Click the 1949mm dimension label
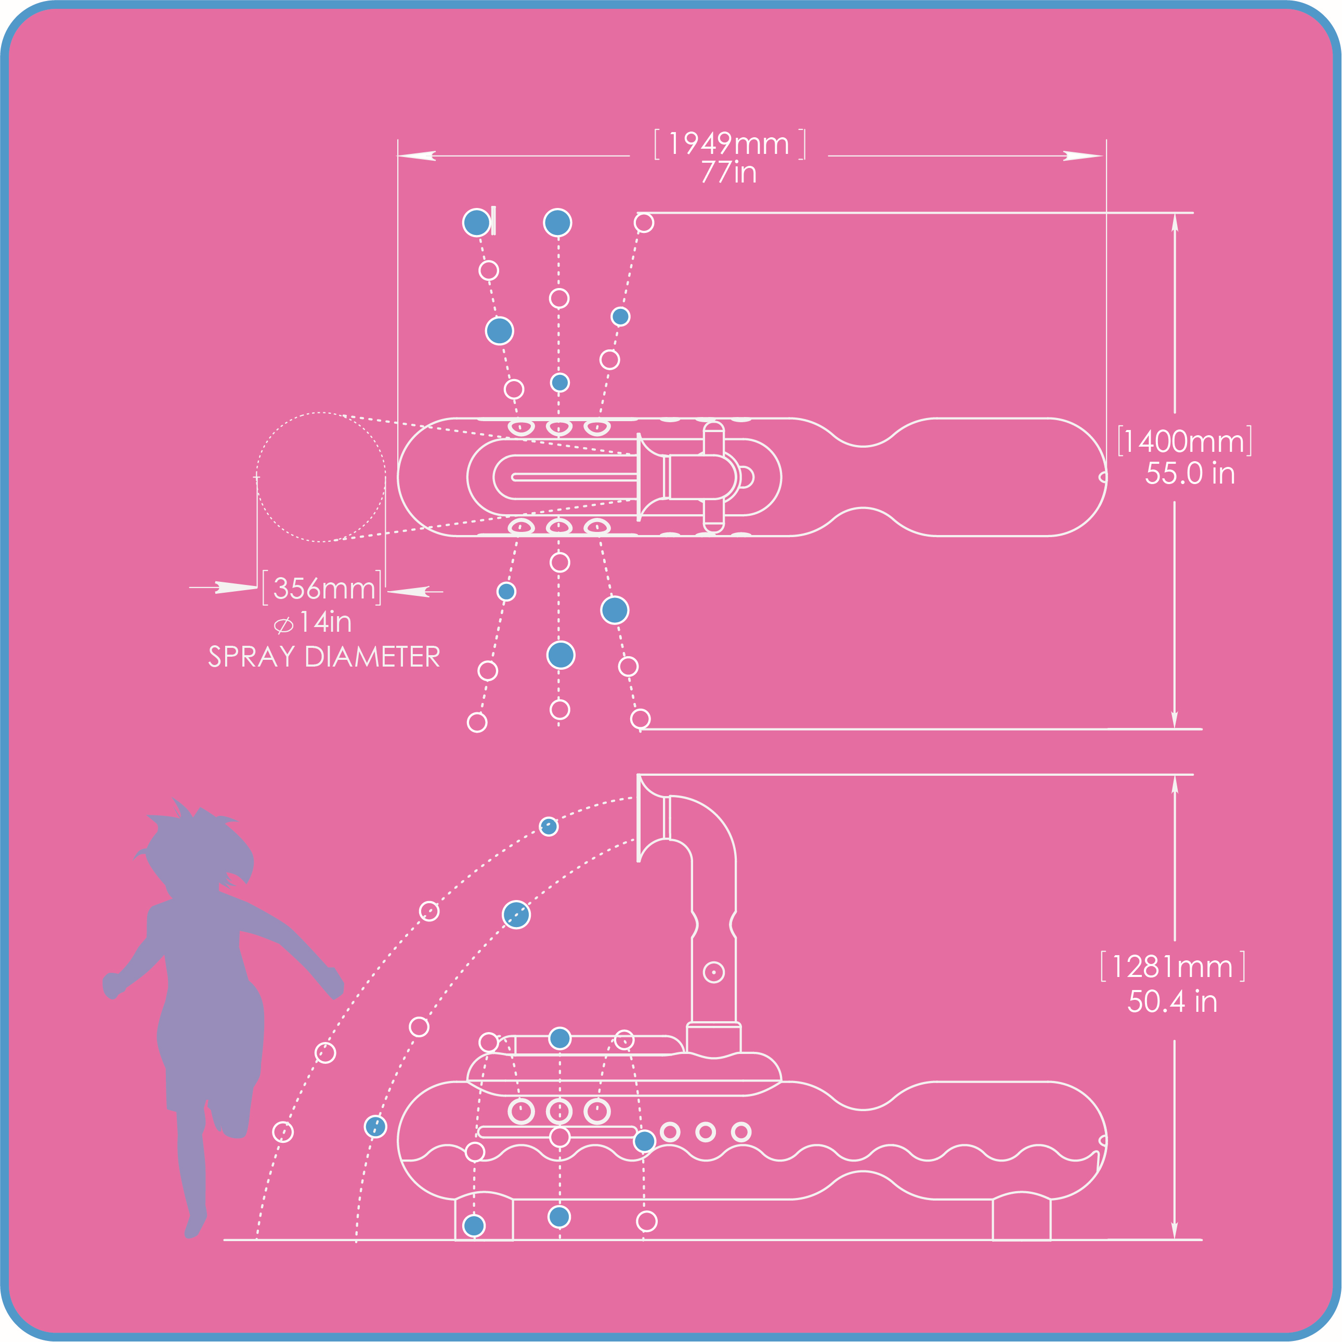pyautogui.click(x=728, y=144)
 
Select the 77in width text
pyautogui.click(x=728, y=172)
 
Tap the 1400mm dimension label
pyautogui.click(x=1184, y=442)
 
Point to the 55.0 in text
pyautogui.click(x=1190, y=474)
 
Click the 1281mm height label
pyautogui.click(x=1172, y=967)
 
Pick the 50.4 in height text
pyautogui.click(x=1172, y=1001)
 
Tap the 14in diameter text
pyautogui.click(x=324, y=622)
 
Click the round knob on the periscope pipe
pyautogui.click(x=713, y=972)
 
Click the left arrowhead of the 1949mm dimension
pyautogui.click(x=417, y=155)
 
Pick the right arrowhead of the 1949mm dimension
pyautogui.click(x=1084, y=155)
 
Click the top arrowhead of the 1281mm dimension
pyautogui.click(x=1175, y=786)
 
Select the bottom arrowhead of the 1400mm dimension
pyautogui.click(x=1175, y=719)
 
